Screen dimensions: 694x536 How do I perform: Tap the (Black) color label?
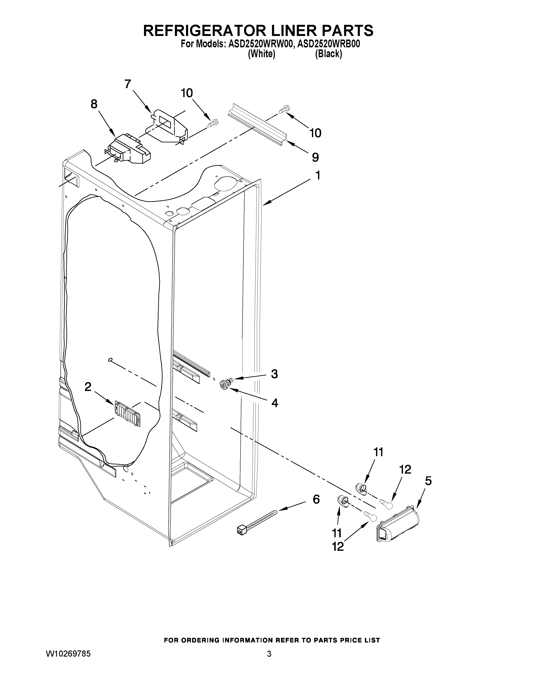click(328, 54)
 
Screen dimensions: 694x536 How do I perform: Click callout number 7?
click(128, 84)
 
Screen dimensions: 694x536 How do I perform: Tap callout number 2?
click(88, 387)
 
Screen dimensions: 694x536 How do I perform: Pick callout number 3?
click(274, 374)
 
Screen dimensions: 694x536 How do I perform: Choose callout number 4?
click(275, 403)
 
